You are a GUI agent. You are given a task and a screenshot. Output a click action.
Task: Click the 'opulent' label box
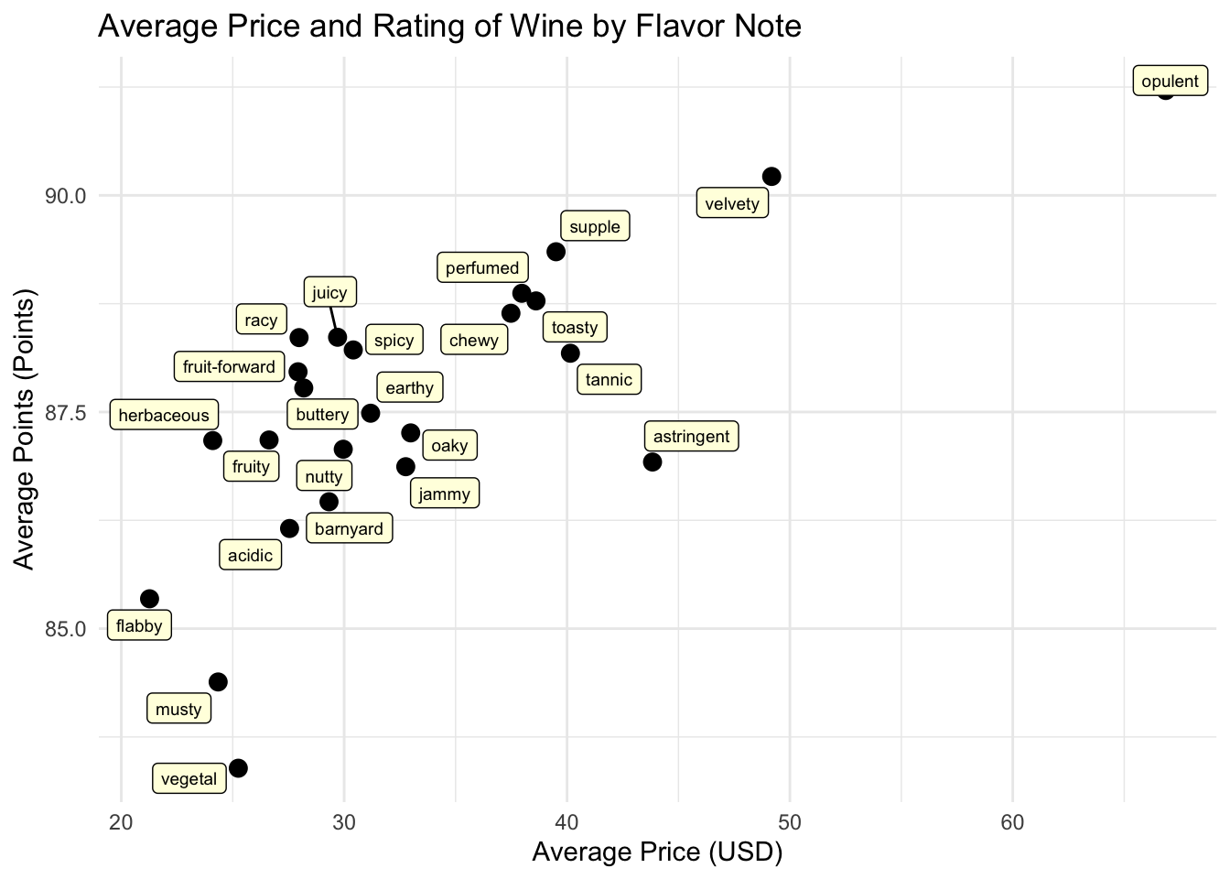(1170, 81)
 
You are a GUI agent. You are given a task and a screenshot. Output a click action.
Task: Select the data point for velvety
(771, 176)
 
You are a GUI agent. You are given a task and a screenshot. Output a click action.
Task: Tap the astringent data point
(653, 461)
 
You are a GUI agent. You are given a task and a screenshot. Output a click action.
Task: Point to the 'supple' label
(595, 227)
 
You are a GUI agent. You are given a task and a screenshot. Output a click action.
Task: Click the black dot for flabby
(149, 599)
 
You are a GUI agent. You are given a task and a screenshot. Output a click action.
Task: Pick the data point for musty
(218, 682)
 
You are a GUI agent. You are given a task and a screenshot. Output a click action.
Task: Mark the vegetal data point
(238, 768)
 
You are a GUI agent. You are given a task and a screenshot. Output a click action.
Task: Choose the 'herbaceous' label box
(164, 415)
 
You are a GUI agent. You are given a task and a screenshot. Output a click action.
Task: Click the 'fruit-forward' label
(229, 367)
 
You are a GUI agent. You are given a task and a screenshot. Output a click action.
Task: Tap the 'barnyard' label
(349, 528)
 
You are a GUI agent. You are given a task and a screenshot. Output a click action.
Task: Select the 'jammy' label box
(445, 494)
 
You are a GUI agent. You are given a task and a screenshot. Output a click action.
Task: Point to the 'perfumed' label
(482, 268)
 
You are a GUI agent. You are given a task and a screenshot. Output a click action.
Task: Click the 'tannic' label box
(609, 380)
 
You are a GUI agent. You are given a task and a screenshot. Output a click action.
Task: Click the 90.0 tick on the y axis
(65, 196)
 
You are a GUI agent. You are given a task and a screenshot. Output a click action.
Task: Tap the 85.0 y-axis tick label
(65, 629)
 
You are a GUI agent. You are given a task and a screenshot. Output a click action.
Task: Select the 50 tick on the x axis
(790, 822)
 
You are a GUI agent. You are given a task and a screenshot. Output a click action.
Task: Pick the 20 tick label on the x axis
(121, 822)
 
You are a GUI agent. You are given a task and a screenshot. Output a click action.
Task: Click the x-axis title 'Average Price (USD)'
(657, 852)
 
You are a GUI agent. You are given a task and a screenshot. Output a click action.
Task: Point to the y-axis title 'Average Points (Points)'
(25, 429)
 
